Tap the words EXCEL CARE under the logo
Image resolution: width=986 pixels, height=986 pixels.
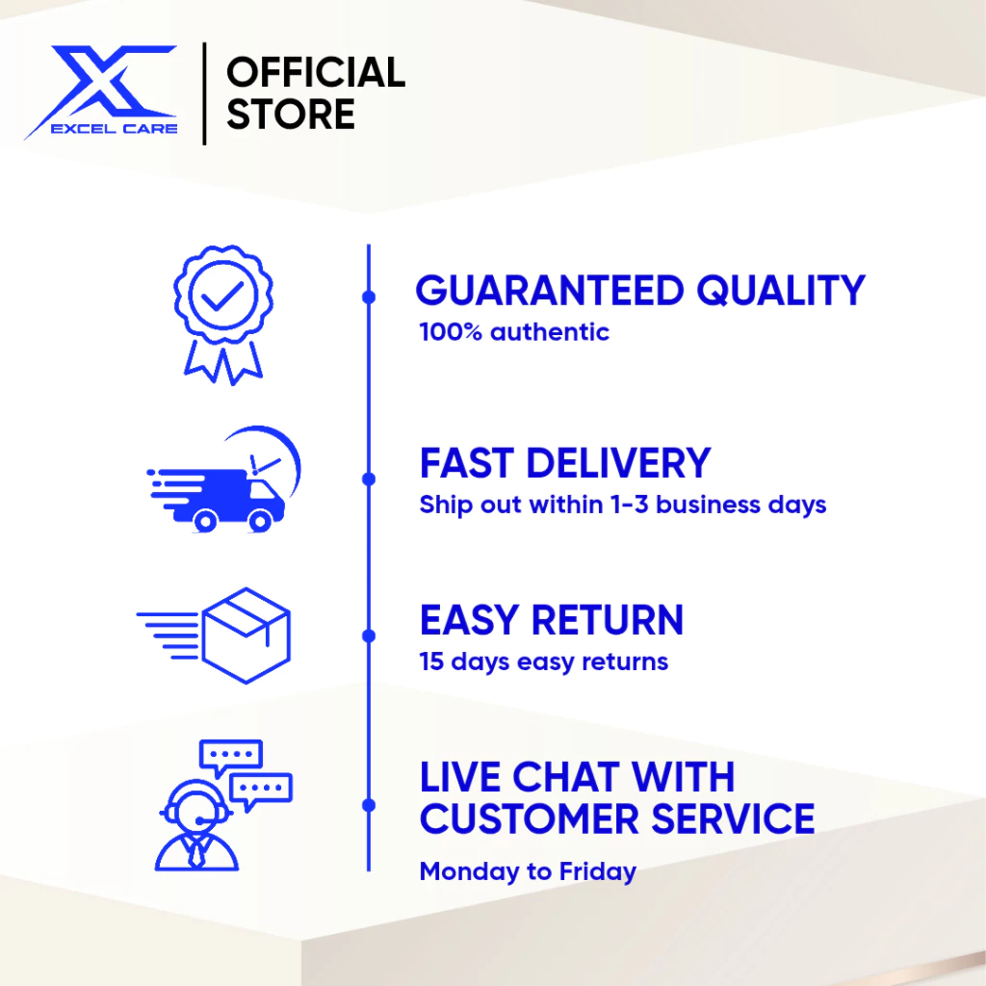pos(115,129)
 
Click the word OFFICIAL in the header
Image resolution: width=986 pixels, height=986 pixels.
pos(316,72)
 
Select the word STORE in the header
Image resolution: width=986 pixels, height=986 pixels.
pos(291,114)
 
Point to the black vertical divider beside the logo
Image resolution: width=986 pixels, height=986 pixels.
pos(204,93)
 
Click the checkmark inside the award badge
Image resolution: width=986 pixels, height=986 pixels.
pos(222,296)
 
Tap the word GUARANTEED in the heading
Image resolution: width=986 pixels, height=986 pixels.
pos(550,291)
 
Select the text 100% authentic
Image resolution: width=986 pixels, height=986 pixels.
pos(514,332)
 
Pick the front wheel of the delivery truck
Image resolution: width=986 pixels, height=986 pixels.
pos(260,521)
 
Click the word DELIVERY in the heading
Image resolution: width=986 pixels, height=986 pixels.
pos(618,463)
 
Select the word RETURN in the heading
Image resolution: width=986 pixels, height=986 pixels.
pos(607,620)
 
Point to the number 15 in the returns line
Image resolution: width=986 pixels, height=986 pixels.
pos(431,662)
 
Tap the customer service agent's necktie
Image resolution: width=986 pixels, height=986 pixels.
pos(196,854)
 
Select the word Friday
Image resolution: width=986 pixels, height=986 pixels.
pos(597,872)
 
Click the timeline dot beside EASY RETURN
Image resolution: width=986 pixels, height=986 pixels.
pos(369,636)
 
